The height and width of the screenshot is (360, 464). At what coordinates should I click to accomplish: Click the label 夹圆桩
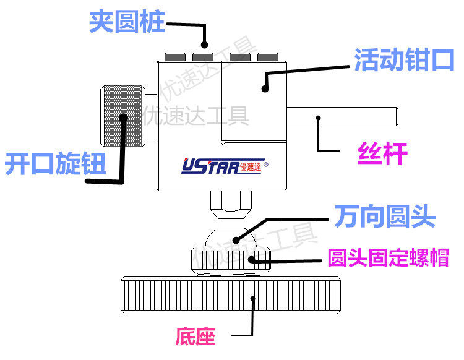click(x=127, y=22)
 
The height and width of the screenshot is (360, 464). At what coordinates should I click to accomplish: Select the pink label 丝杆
click(x=383, y=153)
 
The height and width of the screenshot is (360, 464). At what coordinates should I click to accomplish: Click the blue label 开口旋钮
click(x=55, y=164)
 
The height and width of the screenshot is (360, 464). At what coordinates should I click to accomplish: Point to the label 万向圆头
click(x=385, y=216)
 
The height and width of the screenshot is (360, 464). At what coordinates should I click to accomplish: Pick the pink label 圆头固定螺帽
click(x=388, y=257)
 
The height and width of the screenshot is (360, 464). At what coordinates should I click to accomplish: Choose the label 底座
click(x=195, y=336)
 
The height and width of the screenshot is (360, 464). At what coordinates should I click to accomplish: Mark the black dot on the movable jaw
click(x=264, y=89)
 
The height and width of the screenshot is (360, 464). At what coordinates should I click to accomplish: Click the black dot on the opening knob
click(x=124, y=117)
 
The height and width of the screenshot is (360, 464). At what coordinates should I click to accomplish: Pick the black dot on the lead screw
click(x=319, y=116)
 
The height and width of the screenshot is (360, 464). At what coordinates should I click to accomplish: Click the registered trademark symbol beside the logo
click(x=266, y=165)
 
